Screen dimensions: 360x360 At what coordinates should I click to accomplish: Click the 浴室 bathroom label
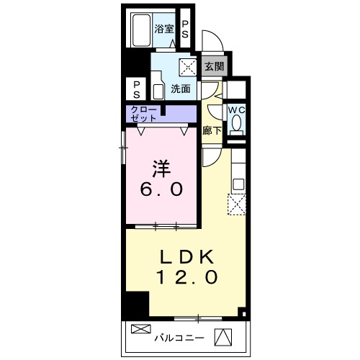pyautogui.click(x=164, y=30)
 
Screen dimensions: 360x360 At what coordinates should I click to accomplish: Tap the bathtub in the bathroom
pyautogui.click(x=142, y=30)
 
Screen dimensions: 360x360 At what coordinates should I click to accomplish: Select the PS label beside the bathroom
pyautogui.click(x=185, y=30)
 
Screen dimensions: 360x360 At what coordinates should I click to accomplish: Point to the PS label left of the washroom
pyautogui.click(x=136, y=90)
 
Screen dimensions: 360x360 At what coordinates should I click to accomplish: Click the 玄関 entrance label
pyautogui.click(x=215, y=66)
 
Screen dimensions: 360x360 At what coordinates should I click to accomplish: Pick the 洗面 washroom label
pyautogui.click(x=181, y=89)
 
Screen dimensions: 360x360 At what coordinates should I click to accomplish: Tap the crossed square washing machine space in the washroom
pyautogui.click(x=188, y=67)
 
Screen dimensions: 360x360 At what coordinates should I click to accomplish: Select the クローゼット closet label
pyautogui.click(x=143, y=114)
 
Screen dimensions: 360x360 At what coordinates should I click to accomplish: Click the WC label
pyautogui.click(x=236, y=110)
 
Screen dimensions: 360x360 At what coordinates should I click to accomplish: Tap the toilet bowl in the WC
pyautogui.click(x=237, y=125)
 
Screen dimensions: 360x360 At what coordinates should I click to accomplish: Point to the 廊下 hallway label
pyautogui.click(x=212, y=130)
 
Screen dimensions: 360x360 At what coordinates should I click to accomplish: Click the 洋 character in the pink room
pyautogui.click(x=161, y=168)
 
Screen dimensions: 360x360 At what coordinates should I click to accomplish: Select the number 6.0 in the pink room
pyautogui.click(x=161, y=189)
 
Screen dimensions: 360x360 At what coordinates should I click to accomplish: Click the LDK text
pyautogui.click(x=186, y=257)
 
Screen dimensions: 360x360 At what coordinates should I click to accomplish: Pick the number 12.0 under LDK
pyautogui.click(x=187, y=277)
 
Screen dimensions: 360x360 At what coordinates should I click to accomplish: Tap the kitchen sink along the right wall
pyautogui.click(x=238, y=184)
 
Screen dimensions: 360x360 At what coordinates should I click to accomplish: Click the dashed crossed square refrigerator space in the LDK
pyautogui.click(x=237, y=204)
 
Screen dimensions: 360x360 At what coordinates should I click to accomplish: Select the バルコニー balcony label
pyautogui.click(x=179, y=338)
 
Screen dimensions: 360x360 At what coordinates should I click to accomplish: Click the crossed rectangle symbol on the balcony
pyautogui.click(x=141, y=329)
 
